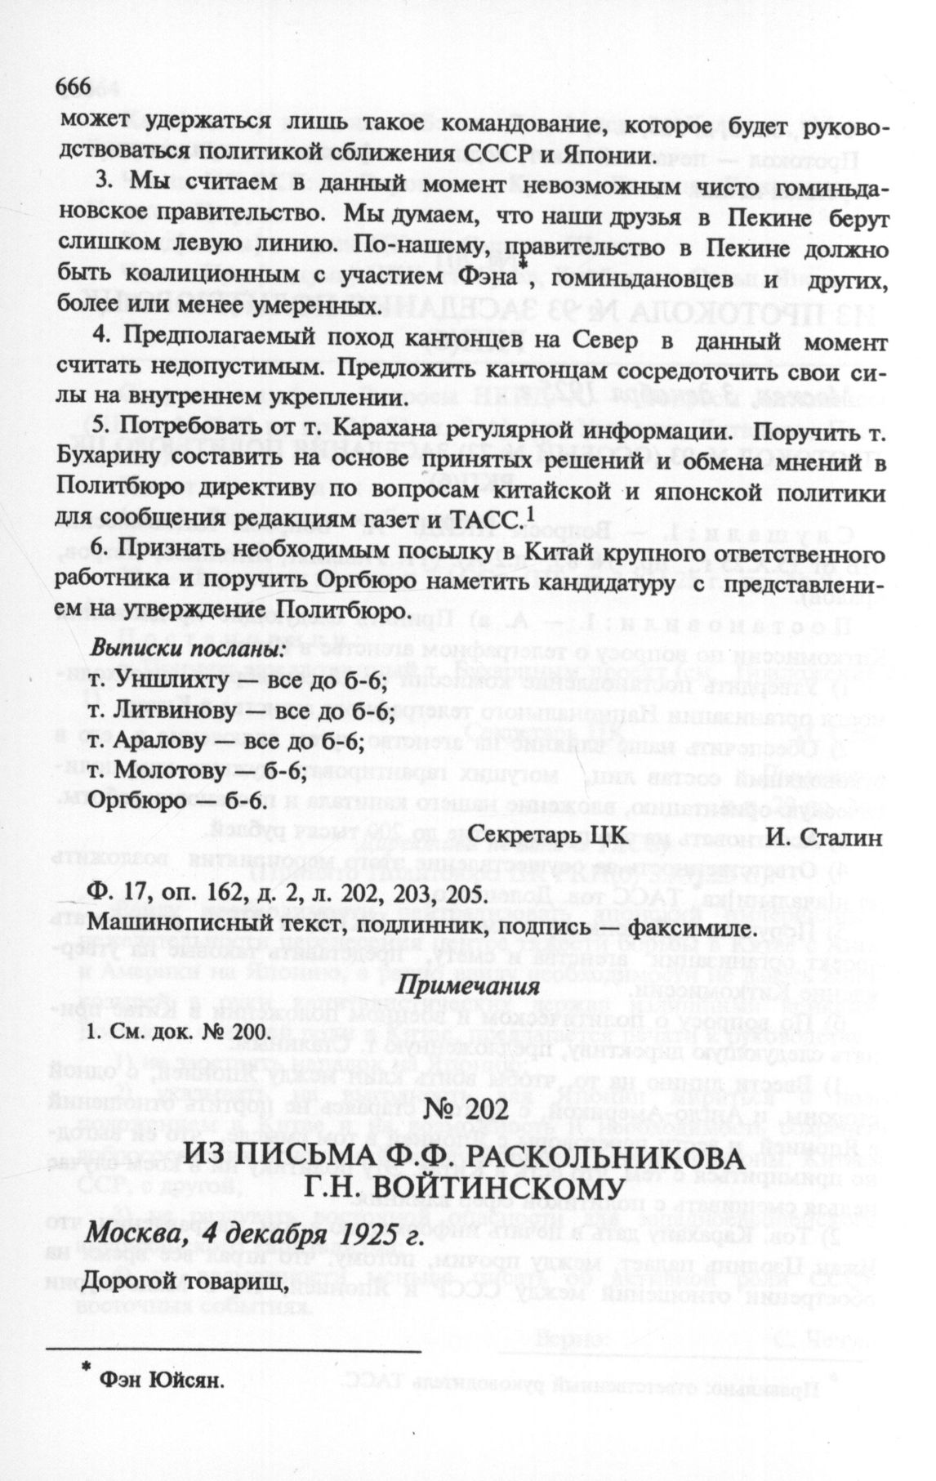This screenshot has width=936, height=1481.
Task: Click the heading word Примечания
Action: click(467, 985)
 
